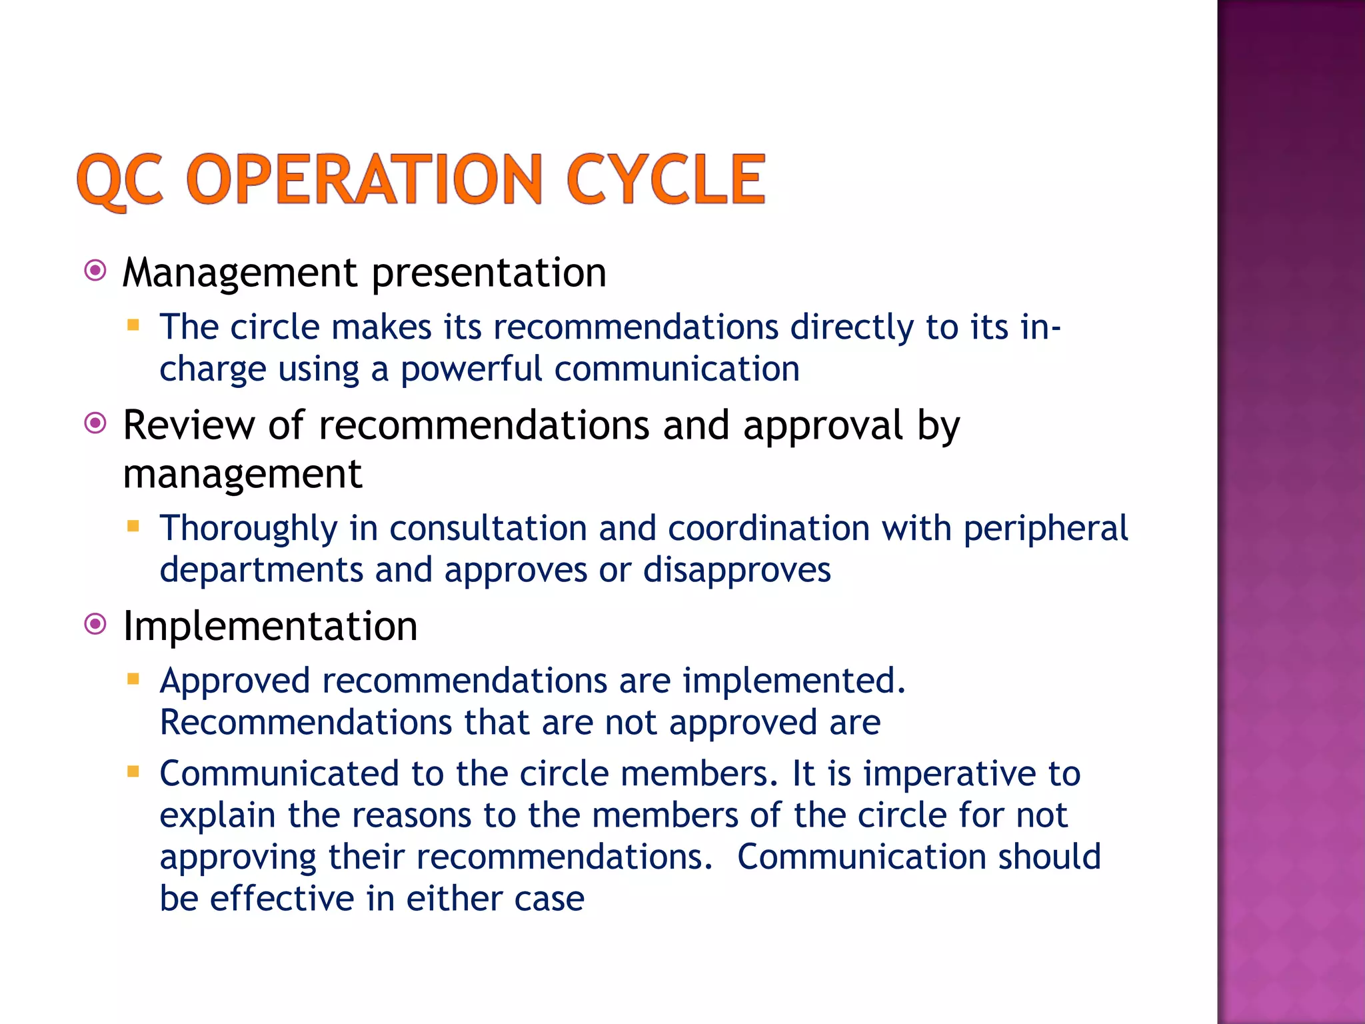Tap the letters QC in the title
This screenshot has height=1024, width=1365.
120,180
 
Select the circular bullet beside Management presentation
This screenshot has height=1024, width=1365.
96,271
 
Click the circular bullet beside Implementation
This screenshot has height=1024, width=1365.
96,625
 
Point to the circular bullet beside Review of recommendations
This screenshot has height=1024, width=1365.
96,423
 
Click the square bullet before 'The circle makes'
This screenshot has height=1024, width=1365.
133,325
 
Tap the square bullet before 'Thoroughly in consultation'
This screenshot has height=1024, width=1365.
133,527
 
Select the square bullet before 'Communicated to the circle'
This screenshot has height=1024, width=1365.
133,772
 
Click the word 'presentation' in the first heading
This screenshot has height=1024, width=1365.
489,273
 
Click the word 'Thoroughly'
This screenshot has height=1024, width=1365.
249,529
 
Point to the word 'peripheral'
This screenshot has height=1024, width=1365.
1045,529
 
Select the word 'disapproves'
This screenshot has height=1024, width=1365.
736,571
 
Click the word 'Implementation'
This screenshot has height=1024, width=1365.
270,627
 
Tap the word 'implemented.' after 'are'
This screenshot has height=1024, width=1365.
794,681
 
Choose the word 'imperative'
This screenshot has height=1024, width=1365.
950,775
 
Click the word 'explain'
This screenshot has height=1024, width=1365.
217,816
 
